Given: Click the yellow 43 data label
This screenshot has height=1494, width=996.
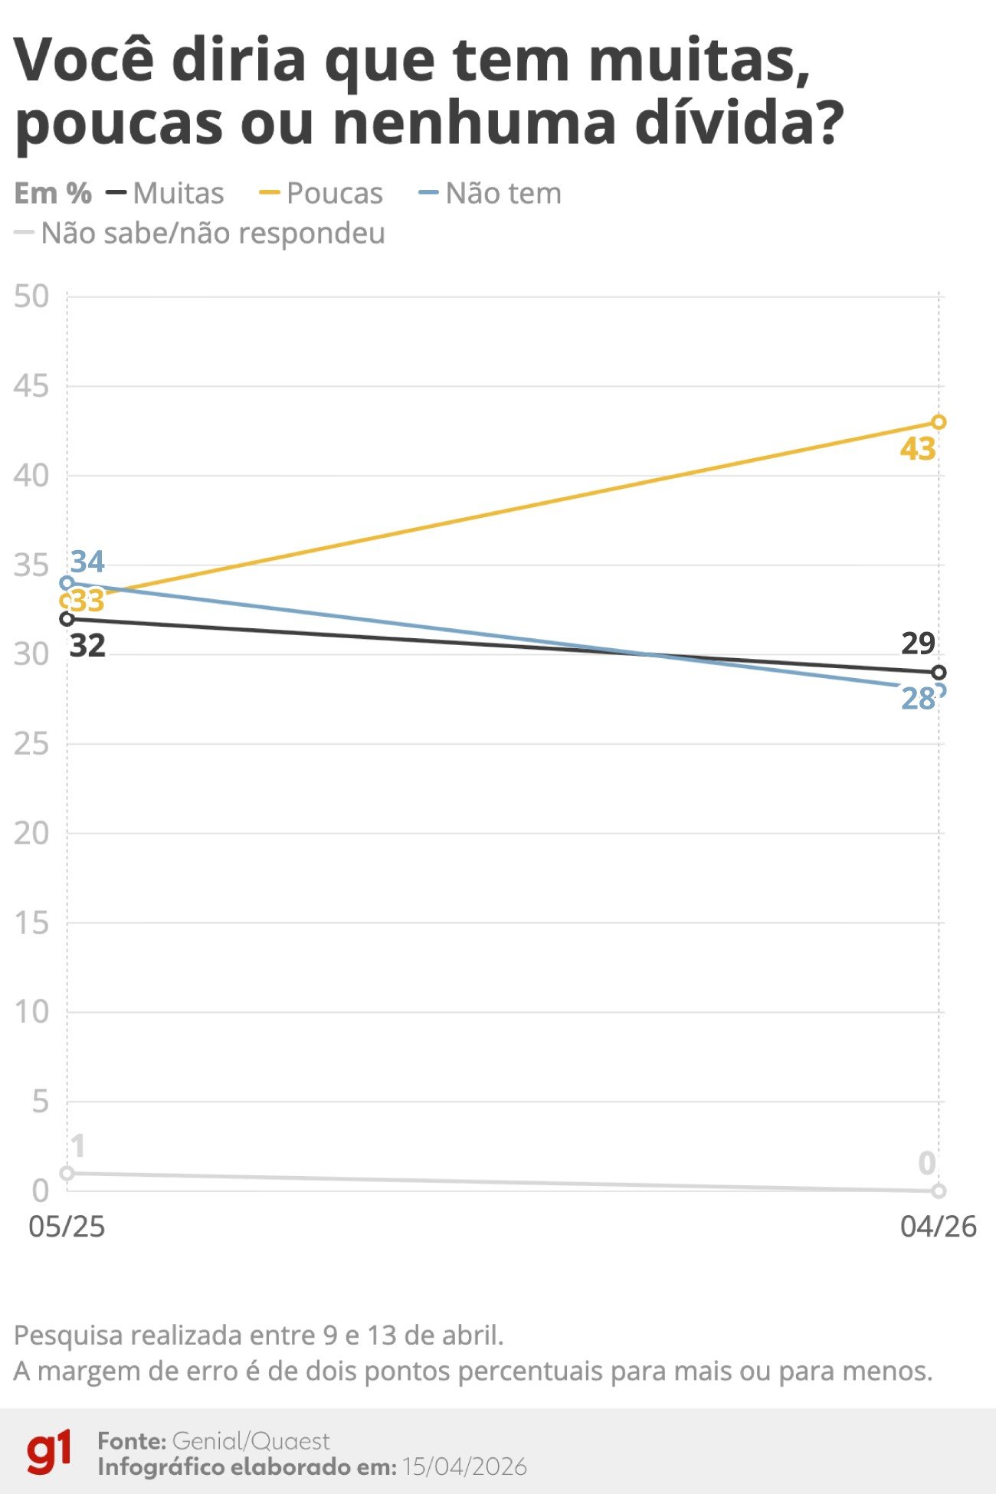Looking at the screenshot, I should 918,449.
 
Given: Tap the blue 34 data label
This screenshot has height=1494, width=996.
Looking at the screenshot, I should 87,562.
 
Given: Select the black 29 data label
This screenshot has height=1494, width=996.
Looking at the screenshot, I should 918,644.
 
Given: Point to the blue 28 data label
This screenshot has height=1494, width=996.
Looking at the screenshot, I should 918,699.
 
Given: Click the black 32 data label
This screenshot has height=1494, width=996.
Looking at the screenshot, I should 87,646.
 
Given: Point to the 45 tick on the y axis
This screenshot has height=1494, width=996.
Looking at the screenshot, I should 31,386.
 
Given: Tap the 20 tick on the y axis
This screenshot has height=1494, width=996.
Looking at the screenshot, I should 31,834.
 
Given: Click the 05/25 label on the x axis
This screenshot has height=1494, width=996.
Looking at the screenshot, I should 67,1227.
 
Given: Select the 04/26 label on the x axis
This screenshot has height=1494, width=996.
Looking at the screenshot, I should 938,1227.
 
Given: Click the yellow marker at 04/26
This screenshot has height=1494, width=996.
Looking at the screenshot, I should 939,422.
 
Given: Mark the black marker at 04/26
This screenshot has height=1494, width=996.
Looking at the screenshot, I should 939,673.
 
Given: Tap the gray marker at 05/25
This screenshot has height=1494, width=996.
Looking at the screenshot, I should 67,1173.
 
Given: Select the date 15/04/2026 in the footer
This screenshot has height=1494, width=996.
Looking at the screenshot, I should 464,1466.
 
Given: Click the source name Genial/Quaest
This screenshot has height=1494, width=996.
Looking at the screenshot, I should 251,1441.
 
